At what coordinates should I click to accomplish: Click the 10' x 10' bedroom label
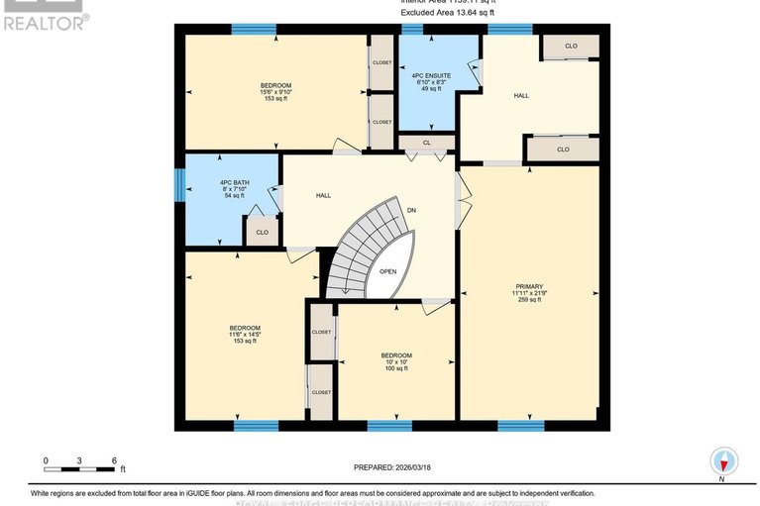395,362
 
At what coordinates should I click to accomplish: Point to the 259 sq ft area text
529,299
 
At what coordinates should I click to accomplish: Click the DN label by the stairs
412,211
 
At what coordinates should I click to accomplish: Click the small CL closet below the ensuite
427,143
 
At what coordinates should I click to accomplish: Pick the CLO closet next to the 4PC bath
262,233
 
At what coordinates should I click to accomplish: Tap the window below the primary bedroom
520,427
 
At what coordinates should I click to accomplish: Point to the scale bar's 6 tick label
115,460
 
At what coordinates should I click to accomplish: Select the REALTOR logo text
45,20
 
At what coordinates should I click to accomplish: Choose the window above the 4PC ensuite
412,29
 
